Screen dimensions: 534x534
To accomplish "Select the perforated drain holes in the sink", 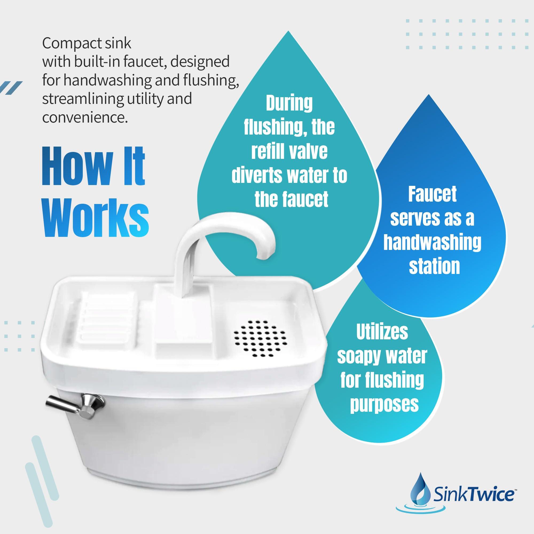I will (x=260, y=338).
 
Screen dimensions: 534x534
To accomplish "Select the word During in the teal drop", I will (x=289, y=103).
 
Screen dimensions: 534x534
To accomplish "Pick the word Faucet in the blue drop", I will (x=432, y=194).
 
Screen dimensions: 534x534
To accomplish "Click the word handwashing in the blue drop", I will (x=432, y=242).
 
